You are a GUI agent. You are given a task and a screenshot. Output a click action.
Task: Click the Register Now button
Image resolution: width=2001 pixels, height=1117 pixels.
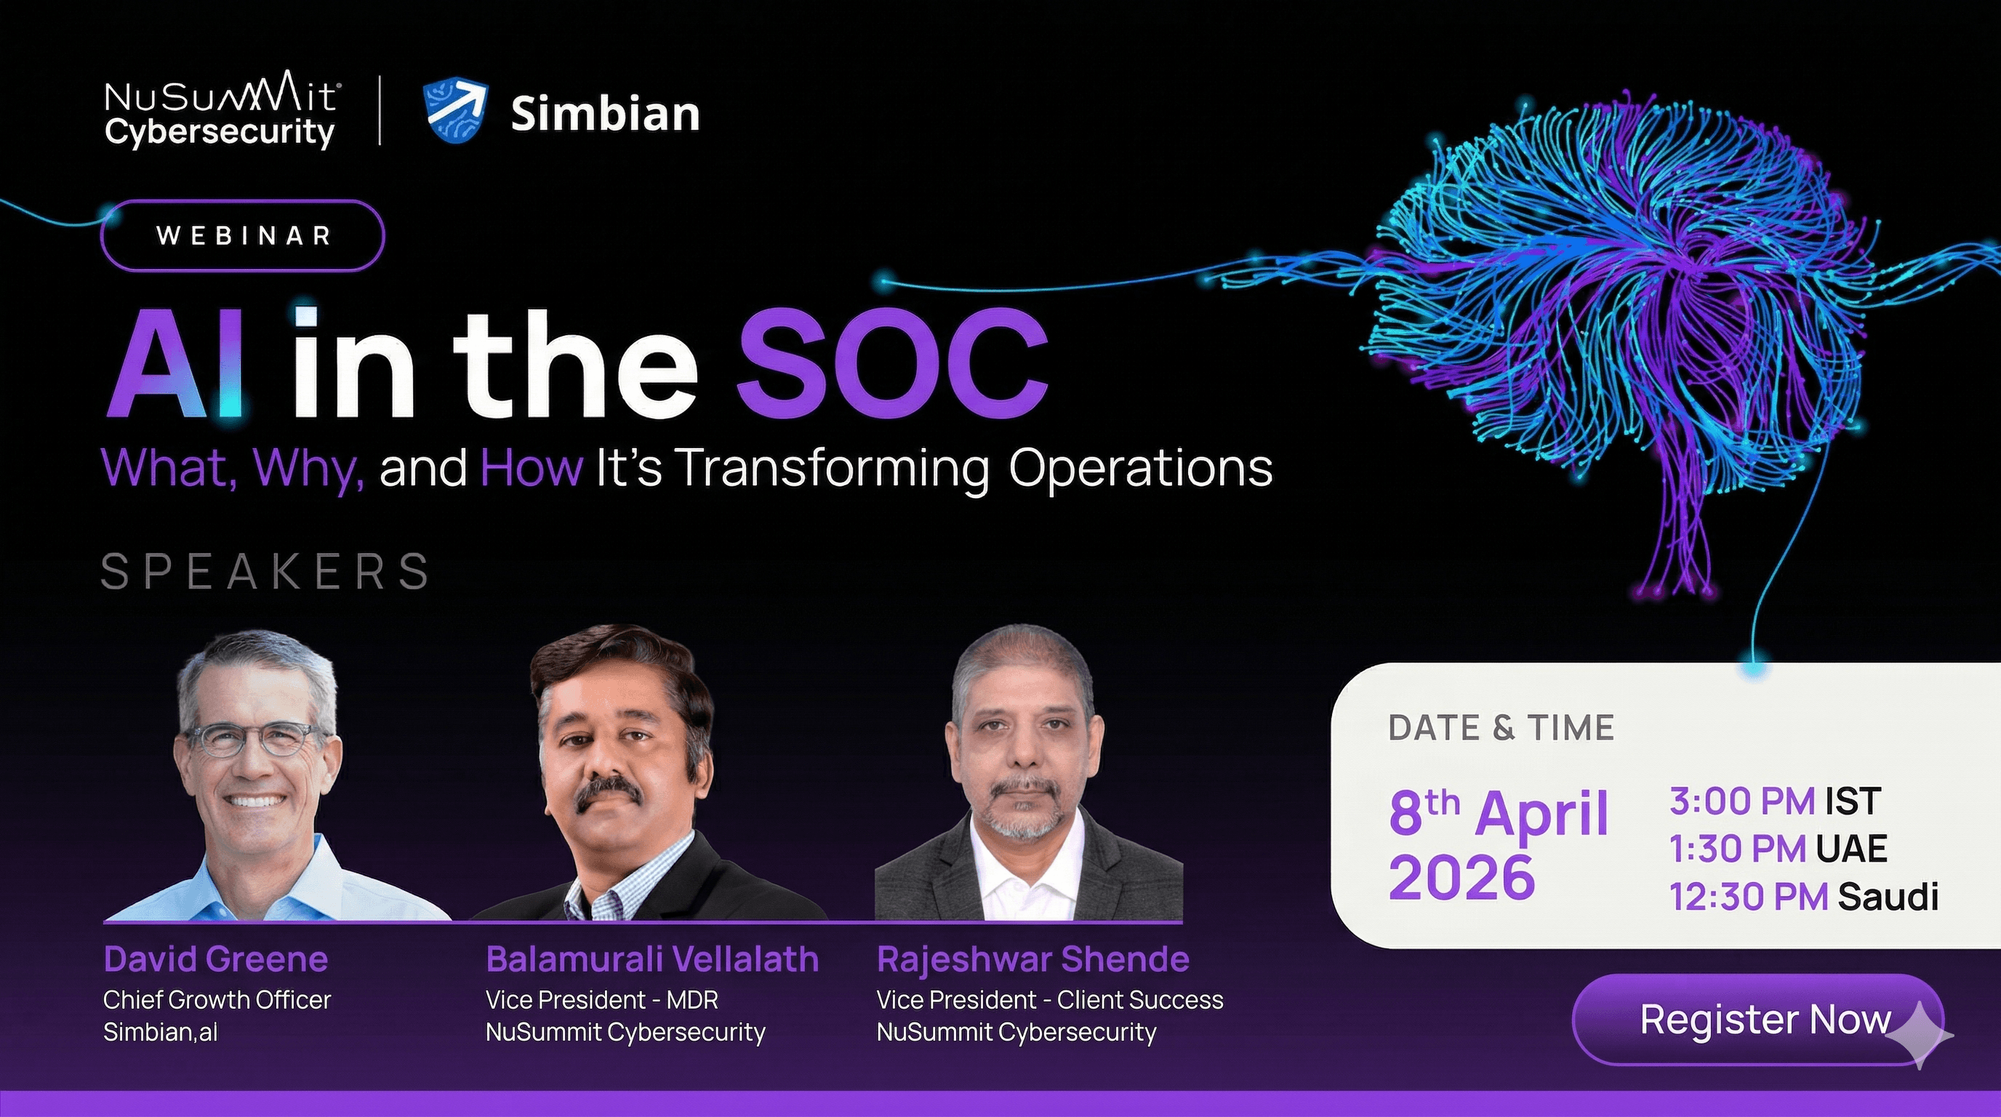pos(1758,1019)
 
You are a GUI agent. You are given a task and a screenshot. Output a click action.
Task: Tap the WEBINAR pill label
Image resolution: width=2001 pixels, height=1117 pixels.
pos(242,236)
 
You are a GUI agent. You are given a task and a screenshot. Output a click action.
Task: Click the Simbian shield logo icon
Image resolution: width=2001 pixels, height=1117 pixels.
pos(455,112)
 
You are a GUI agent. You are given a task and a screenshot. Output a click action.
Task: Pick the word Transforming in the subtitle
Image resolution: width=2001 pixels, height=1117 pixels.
pos(832,469)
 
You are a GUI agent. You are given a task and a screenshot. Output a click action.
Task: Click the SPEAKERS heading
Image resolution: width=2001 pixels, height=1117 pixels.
pos(265,572)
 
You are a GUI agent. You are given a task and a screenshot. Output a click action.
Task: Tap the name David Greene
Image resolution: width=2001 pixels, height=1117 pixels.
pos(216,959)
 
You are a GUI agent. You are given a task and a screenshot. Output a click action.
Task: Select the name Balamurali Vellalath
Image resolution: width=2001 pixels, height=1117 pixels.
pos(652,959)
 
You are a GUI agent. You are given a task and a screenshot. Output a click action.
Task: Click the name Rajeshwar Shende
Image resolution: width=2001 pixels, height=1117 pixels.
pos(1033,959)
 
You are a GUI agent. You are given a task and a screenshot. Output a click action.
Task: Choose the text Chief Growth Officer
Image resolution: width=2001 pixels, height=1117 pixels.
pos(217,1000)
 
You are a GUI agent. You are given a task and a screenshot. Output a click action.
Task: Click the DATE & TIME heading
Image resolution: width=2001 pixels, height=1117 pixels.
pos(1501,728)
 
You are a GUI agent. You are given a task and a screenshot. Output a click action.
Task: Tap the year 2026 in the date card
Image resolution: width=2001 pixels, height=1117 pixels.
pos(1462,878)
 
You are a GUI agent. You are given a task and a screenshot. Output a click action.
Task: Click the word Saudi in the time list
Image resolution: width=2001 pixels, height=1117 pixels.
pos(1888,897)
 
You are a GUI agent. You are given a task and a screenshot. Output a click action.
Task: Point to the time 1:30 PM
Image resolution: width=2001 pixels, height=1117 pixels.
pos(1738,848)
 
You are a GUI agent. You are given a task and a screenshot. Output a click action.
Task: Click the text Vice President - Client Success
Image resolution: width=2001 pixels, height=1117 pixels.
pos(1050,1000)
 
